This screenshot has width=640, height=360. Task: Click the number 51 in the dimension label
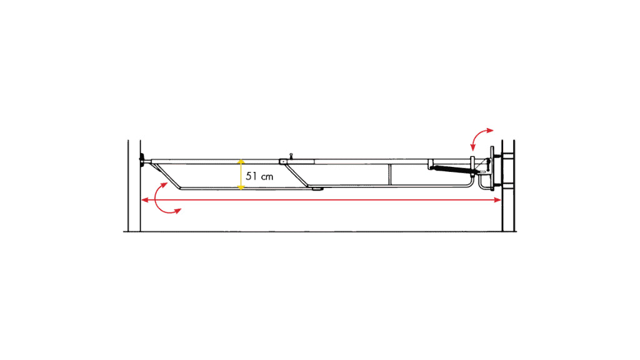pos(251,176)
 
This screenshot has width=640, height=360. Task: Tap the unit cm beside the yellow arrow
pos(267,177)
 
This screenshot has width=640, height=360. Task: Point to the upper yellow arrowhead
pos(241,162)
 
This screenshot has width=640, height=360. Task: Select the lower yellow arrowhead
pos(241,187)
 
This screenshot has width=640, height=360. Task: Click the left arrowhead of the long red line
pos(145,200)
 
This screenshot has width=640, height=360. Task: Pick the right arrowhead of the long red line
pos(497,200)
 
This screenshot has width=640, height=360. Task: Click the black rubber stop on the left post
pos(142,161)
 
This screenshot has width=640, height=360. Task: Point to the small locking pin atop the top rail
pos(291,156)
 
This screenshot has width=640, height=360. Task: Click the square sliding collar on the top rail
pos(282,162)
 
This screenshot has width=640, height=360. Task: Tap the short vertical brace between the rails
pos(390,175)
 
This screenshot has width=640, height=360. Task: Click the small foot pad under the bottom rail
pos(317,189)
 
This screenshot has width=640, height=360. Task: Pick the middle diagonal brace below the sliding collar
pos(297,176)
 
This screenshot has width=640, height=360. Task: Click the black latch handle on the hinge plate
pos(489,164)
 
